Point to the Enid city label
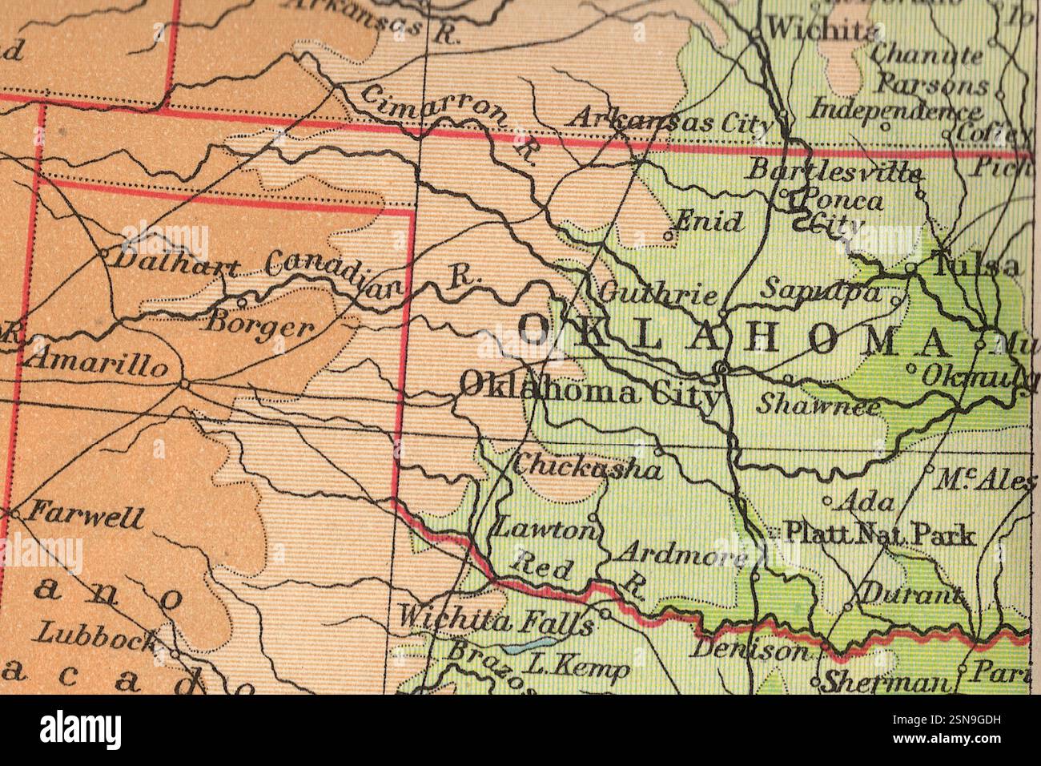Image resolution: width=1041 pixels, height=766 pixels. (x=708, y=221)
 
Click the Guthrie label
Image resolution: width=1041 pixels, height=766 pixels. (x=657, y=294)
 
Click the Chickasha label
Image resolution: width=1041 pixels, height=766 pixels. (x=588, y=466)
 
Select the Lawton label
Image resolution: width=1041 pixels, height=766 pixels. (x=545, y=529)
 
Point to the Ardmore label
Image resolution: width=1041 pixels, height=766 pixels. (x=684, y=554)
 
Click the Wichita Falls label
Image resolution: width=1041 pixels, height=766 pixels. (x=496, y=619)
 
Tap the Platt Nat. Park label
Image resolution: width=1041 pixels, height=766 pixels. (x=878, y=534)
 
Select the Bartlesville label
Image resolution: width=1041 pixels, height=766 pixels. (x=833, y=170)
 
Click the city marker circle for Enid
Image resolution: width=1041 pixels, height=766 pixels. (x=669, y=236)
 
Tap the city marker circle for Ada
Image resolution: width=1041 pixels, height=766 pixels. (x=828, y=501)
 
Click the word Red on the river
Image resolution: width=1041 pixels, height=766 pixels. (x=543, y=566)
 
